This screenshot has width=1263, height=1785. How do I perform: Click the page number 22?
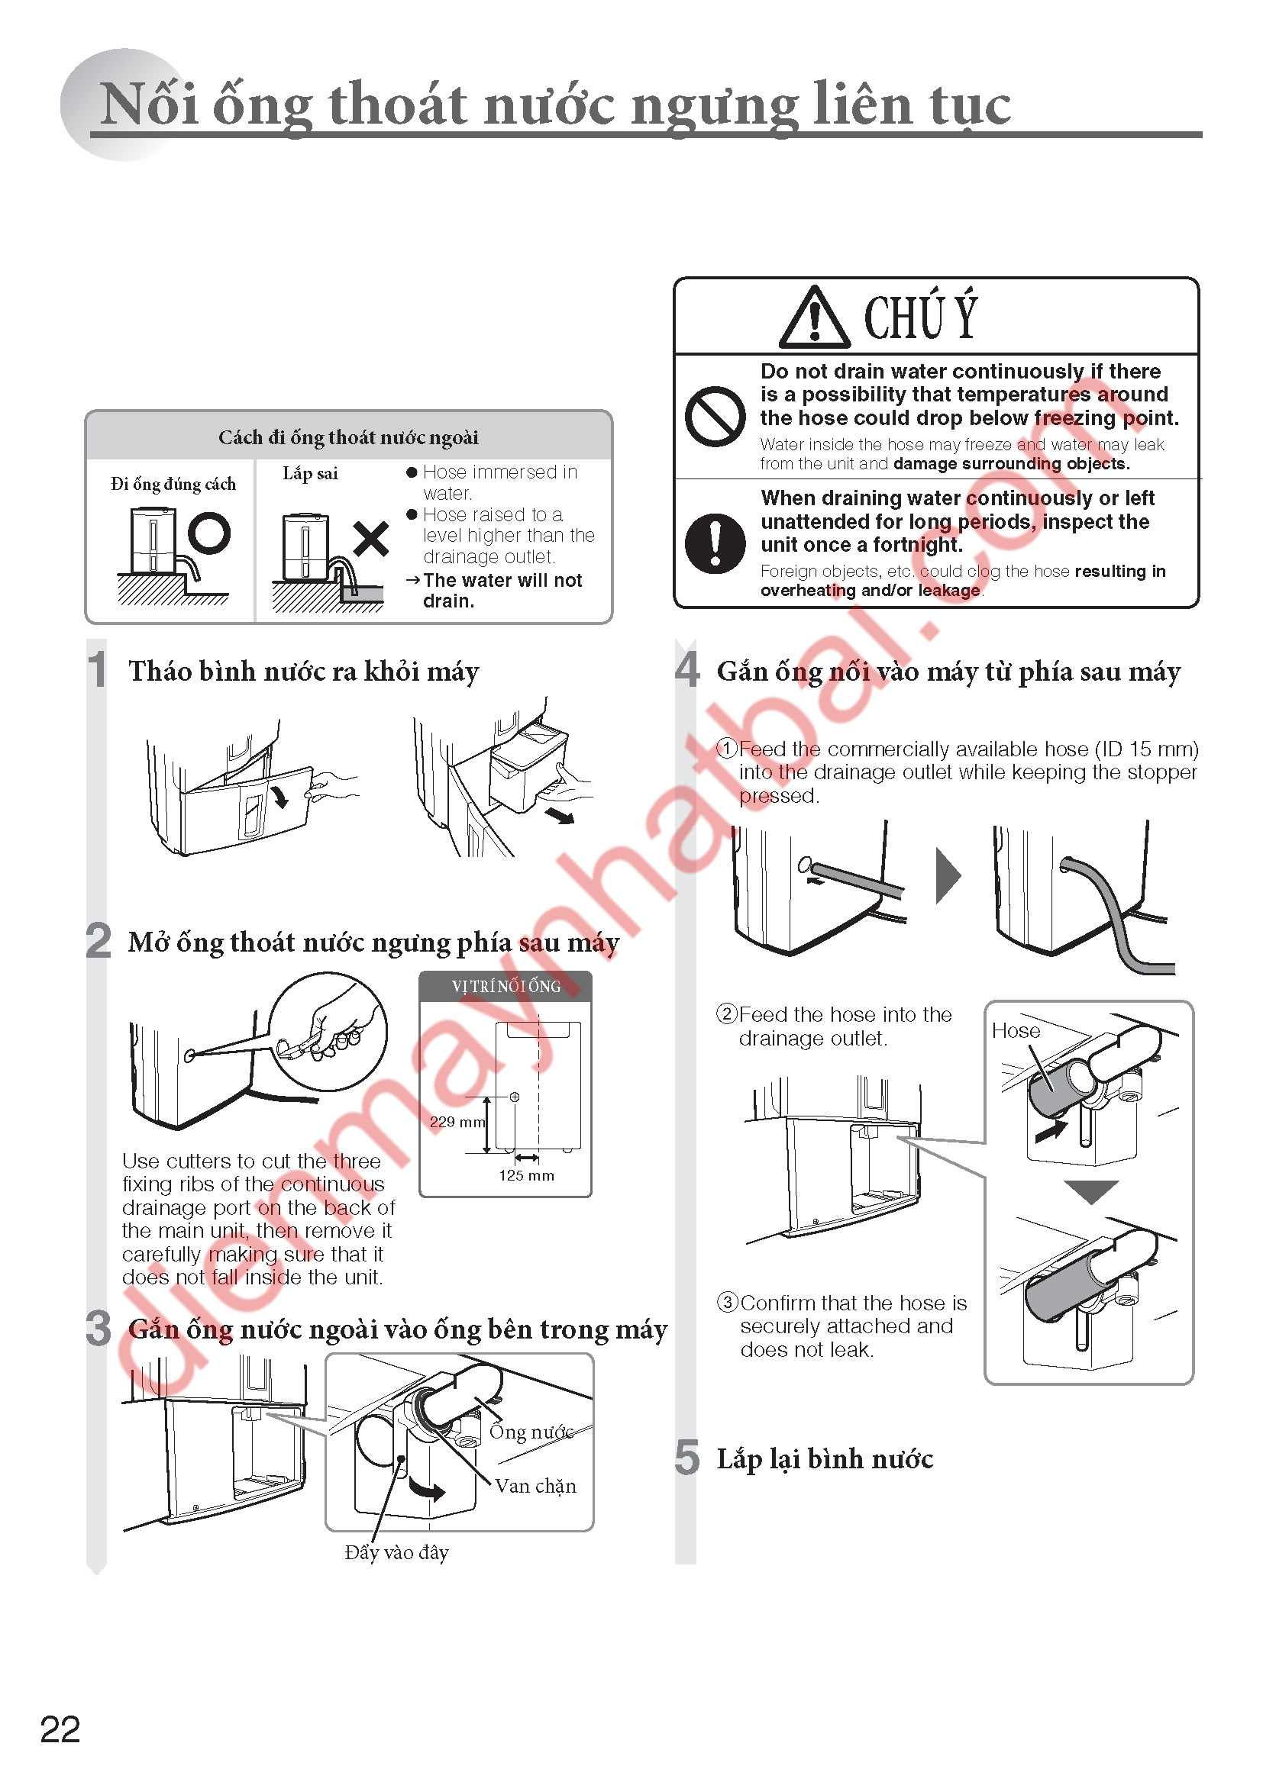60,1730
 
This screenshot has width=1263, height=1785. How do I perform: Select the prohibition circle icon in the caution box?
715,416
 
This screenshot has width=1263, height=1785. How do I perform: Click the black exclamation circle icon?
715,543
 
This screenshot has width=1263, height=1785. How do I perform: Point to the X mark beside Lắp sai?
371,538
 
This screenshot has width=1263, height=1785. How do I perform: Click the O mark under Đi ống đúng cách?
209,533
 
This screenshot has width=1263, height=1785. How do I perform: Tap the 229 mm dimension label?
457,1122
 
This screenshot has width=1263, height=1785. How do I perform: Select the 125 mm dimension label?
527,1175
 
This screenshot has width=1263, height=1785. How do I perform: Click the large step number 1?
97,669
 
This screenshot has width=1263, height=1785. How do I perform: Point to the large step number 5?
686,1457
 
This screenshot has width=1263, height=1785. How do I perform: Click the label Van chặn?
536,1487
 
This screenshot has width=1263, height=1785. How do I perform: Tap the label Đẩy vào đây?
396,1551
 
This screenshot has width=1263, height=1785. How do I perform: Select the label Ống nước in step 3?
531,1430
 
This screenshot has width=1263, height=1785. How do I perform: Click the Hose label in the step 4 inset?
1016,1031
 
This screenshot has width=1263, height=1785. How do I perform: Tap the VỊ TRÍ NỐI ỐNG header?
506,987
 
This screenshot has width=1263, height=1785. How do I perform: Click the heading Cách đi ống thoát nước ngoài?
348,437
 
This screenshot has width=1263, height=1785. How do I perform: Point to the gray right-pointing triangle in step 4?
948,875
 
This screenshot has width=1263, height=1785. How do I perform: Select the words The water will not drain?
502,591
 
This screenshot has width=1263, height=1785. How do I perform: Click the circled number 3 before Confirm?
727,1302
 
